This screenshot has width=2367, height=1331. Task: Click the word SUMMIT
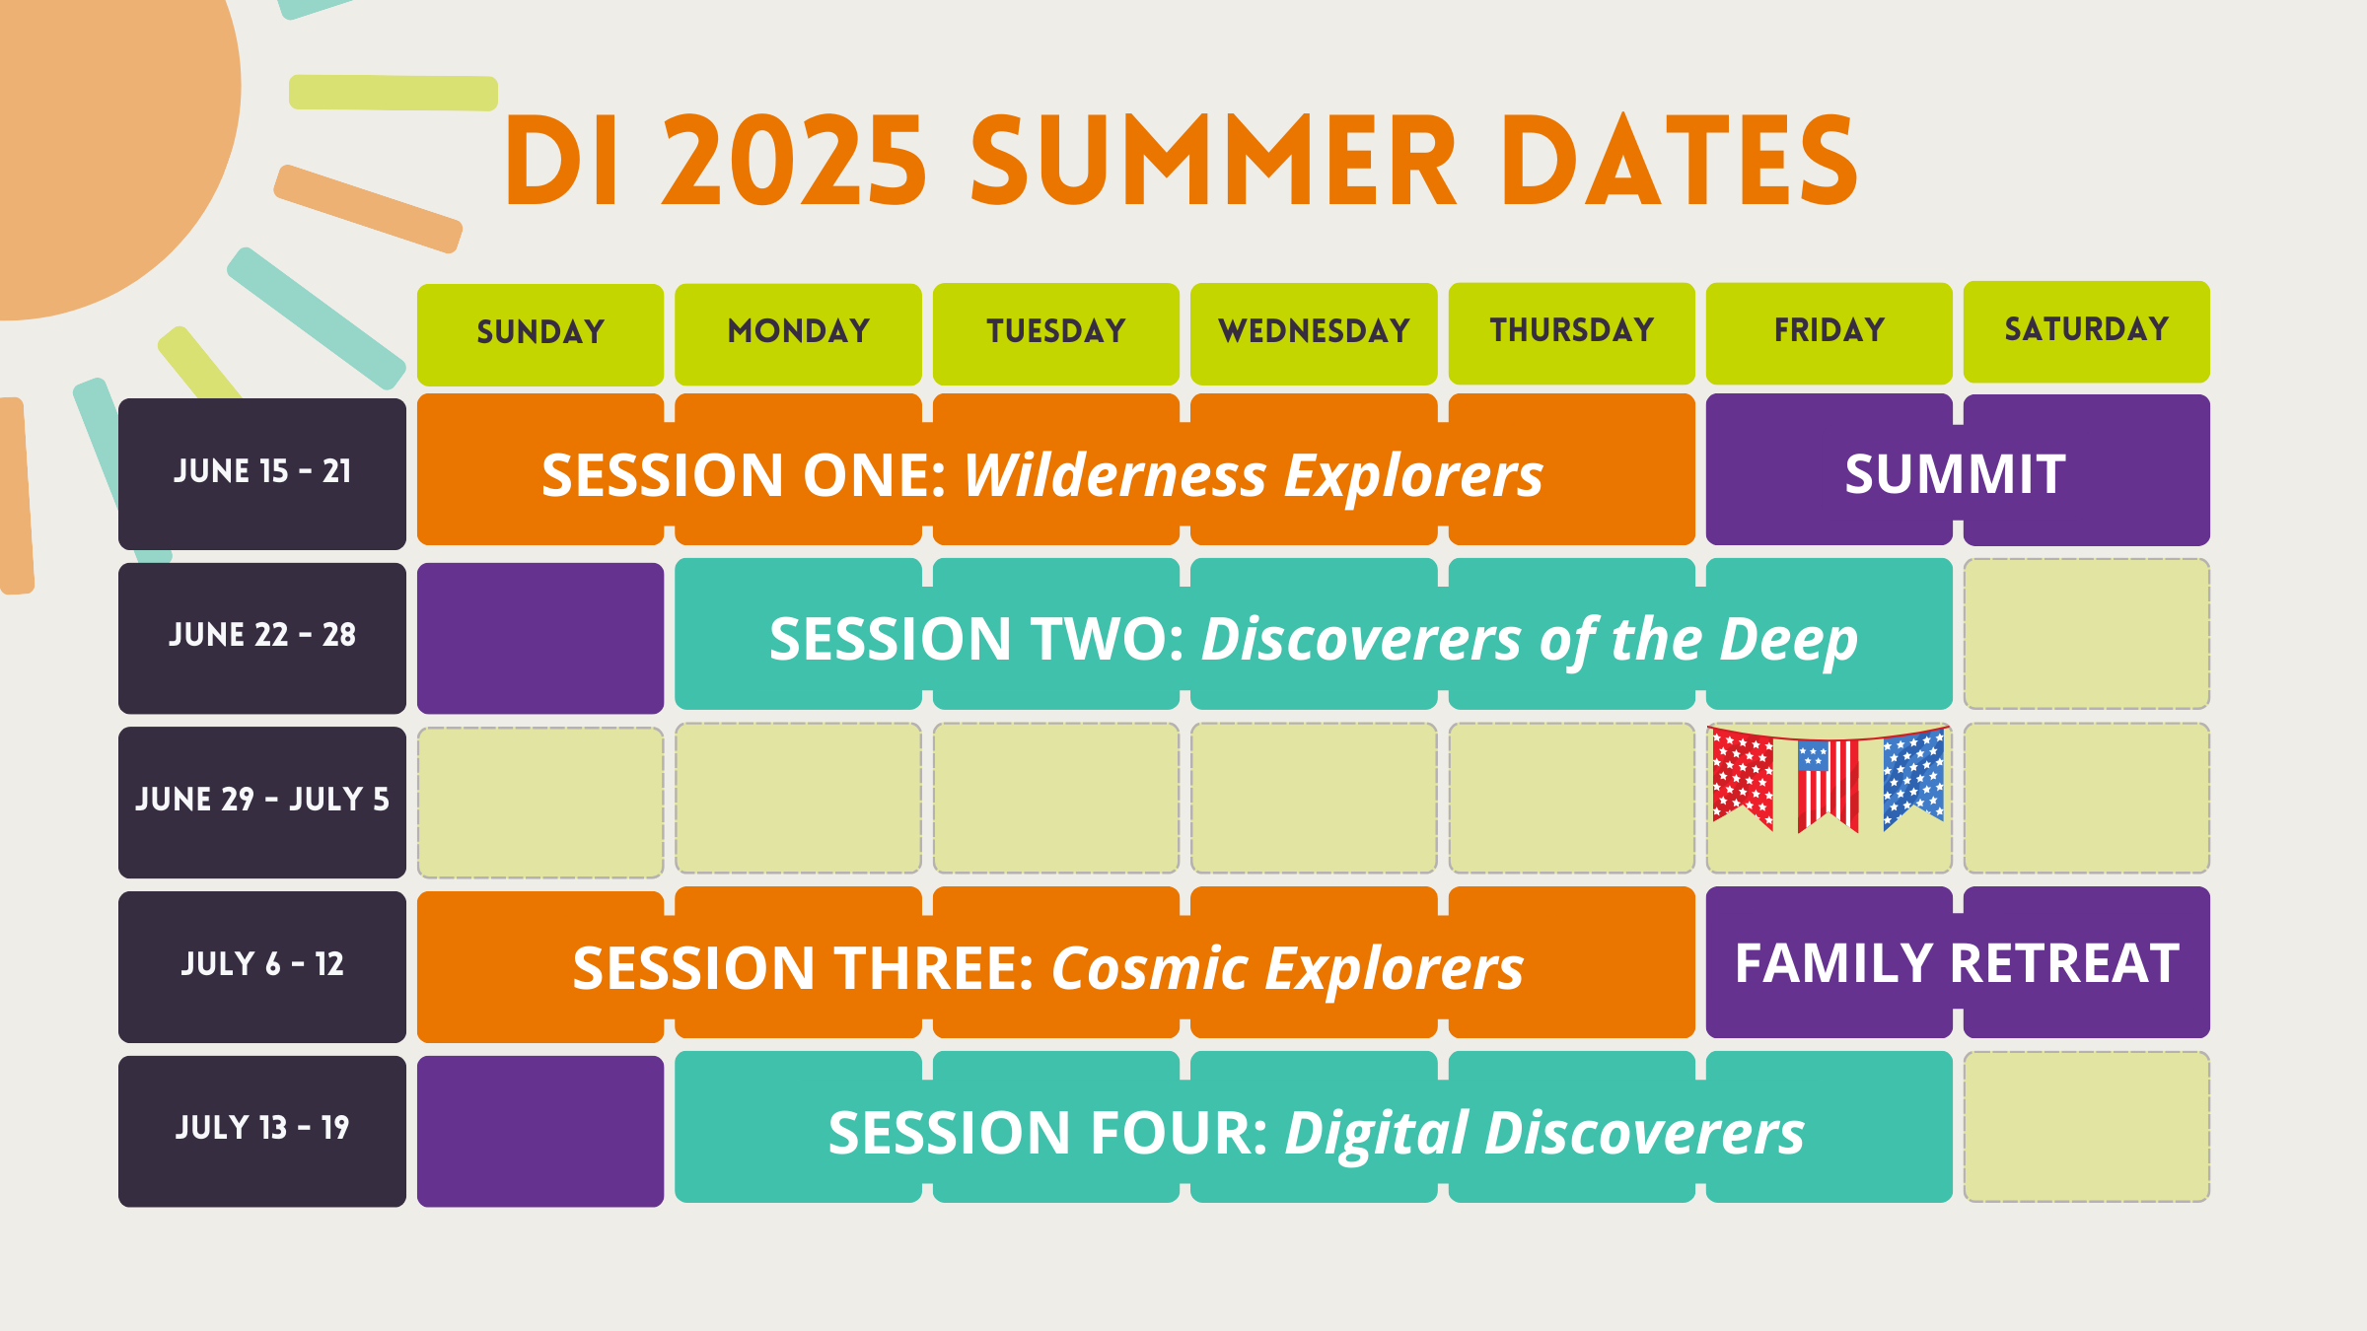coord(1956,474)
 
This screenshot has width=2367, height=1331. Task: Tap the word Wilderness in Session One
coord(1115,476)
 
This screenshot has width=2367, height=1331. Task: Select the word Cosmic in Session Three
coord(1150,968)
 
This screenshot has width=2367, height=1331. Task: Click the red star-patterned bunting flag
coord(1743,779)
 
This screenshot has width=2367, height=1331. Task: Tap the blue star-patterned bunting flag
coord(1913,779)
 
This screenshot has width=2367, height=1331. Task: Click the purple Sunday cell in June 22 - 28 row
coord(540,638)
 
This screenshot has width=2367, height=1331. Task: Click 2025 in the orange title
coord(794,161)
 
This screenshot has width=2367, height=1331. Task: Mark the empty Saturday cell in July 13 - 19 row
coord(2087,1127)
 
